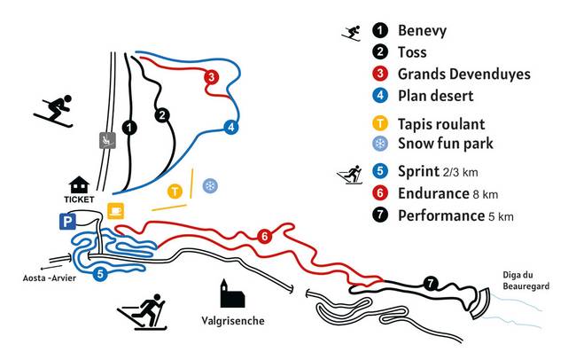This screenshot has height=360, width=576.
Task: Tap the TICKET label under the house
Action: (x=79, y=200)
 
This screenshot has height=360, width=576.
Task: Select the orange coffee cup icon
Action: (x=115, y=210)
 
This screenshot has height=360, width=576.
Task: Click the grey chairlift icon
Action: (x=106, y=139)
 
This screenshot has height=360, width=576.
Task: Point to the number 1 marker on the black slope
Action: (x=130, y=128)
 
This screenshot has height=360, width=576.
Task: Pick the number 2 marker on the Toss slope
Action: (x=161, y=114)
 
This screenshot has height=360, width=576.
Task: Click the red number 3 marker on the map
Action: (x=211, y=77)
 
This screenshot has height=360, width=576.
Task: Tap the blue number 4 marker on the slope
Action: (x=231, y=127)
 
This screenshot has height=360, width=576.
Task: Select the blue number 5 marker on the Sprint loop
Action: (x=100, y=274)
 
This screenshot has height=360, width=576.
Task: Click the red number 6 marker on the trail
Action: (x=263, y=237)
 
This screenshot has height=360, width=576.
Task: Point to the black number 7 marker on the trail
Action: (x=431, y=284)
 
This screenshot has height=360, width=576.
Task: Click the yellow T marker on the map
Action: (x=175, y=190)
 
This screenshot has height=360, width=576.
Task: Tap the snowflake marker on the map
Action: (x=211, y=185)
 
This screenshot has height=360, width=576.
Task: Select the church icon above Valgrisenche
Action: (x=230, y=294)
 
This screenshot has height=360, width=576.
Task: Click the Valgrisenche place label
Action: (x=233, y=319)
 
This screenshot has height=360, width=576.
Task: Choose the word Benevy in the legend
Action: (x=422, y=31)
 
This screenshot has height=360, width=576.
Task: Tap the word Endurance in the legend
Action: (x=432, y=192)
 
